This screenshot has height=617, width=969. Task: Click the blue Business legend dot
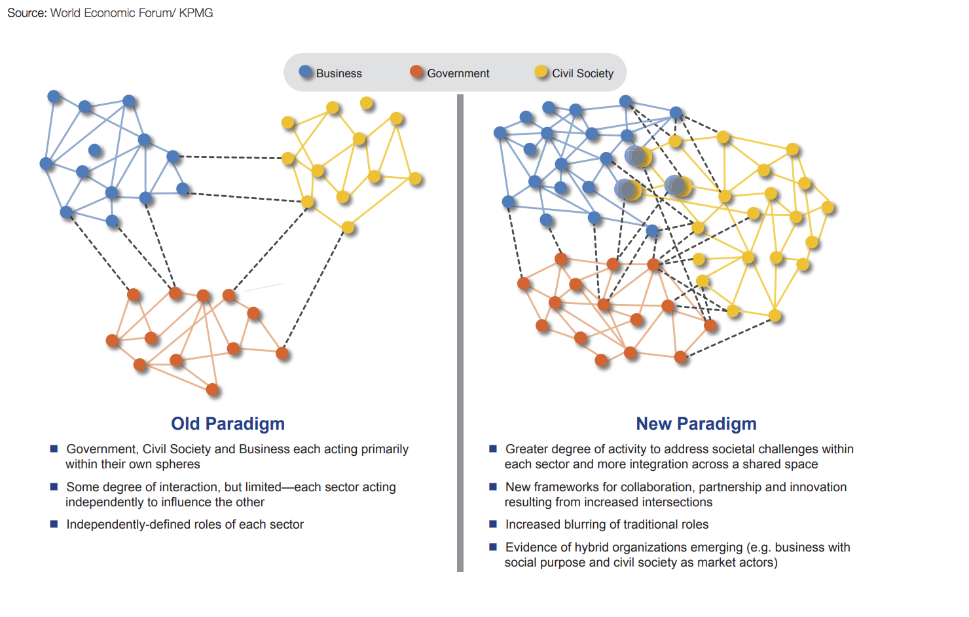(305, 72)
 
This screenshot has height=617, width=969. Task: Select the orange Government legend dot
(416, 72)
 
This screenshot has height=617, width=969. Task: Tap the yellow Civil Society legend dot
(541, 72)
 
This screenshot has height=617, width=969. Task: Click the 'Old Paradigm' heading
(228, 424)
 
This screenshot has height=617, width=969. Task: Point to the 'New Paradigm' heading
(696, 424)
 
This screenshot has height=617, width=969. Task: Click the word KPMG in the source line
(196, 13)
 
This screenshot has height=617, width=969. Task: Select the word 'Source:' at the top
(27, 13)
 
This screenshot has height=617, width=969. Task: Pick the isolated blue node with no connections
(95, 150)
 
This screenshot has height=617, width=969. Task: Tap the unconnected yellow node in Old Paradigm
(367, 103)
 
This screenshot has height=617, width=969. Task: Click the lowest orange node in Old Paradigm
(212, 390)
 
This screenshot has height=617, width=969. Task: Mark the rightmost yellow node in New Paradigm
(828, 208)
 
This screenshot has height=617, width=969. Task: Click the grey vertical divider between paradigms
(460, 333)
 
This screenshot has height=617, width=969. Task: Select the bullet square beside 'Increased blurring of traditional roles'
(493, 524)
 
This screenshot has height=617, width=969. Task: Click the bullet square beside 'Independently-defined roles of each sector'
(54, 524)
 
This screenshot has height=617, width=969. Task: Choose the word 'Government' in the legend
(458, 73)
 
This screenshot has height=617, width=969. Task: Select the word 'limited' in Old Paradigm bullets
(263, 487)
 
